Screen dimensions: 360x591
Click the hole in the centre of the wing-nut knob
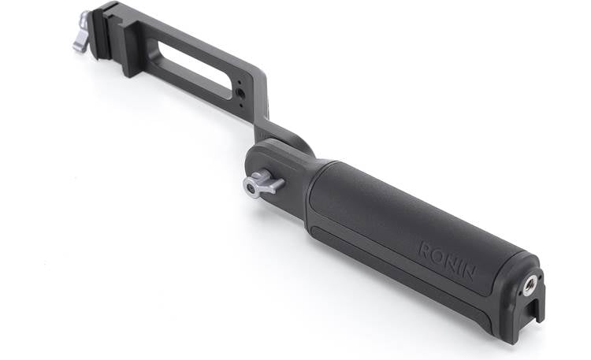[x=254, y=187]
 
